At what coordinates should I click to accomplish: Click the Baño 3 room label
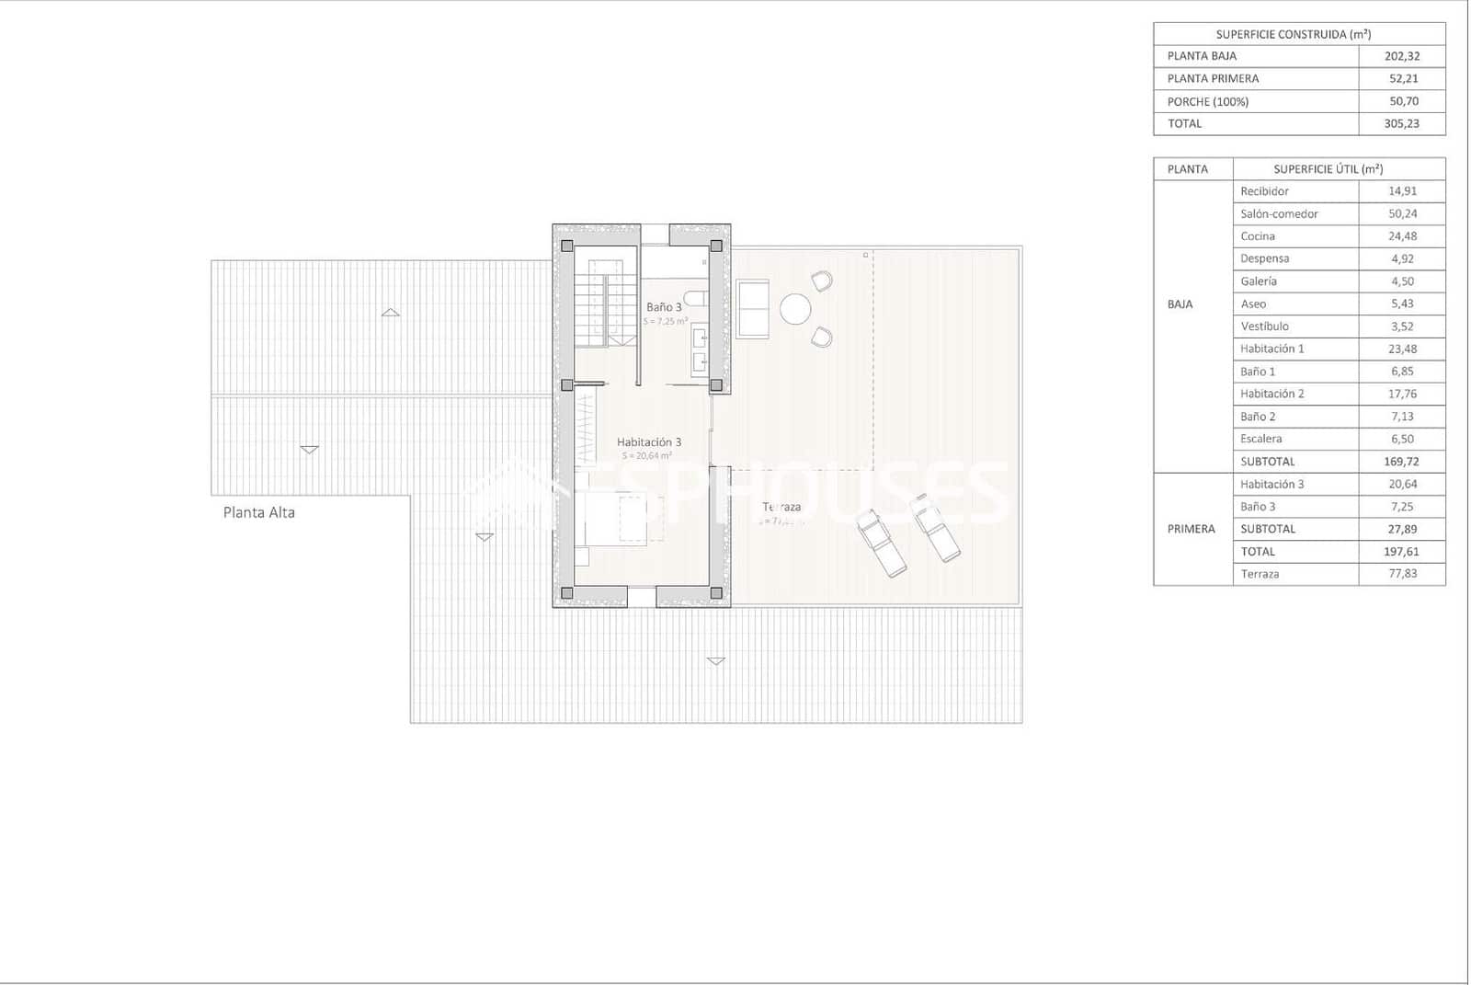pyautogui.click(x=664, y=307)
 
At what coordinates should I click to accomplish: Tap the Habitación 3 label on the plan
pyautogui.click(x=649, y=442)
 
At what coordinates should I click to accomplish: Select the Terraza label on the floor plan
pyautogui.click(x=781, y=507)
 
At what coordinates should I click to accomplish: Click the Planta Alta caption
pyautogui.click(x=259, y=512)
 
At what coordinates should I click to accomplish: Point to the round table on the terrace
pyautogui.click(x=795, y=309)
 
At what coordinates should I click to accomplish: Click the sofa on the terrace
pyautogui.click(x=752, y=309)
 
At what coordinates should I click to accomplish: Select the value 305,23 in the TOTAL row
pyautogui.click(x=1401, y=123)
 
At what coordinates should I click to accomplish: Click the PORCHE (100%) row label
pyautogui.click(x=1208, y=101)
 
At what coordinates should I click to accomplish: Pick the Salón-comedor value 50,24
pyautogui.click(x=1402, y=213)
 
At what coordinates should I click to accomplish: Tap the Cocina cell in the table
pyautogui.click(x=1258, y=236)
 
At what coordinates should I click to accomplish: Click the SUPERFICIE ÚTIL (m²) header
pyautogui.click(x=1328, y=169)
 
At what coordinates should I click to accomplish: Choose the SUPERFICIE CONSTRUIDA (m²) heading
pyautogui.click(x=1294, y=35)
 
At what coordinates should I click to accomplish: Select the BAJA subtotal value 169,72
pyautogui.click(x=1402, y=462)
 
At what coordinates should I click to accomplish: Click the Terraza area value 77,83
pyautogui.click(x=1402, y=574)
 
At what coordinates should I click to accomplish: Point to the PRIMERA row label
pyautogui.click(x=1192, y=529)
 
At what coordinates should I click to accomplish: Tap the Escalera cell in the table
pyautogui.click(x=1261, y=439)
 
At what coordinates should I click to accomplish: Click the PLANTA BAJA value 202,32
pyautogui.click(x=1402, y=56)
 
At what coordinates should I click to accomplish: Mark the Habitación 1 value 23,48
pyautogui.click(x=1402, y=349)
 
